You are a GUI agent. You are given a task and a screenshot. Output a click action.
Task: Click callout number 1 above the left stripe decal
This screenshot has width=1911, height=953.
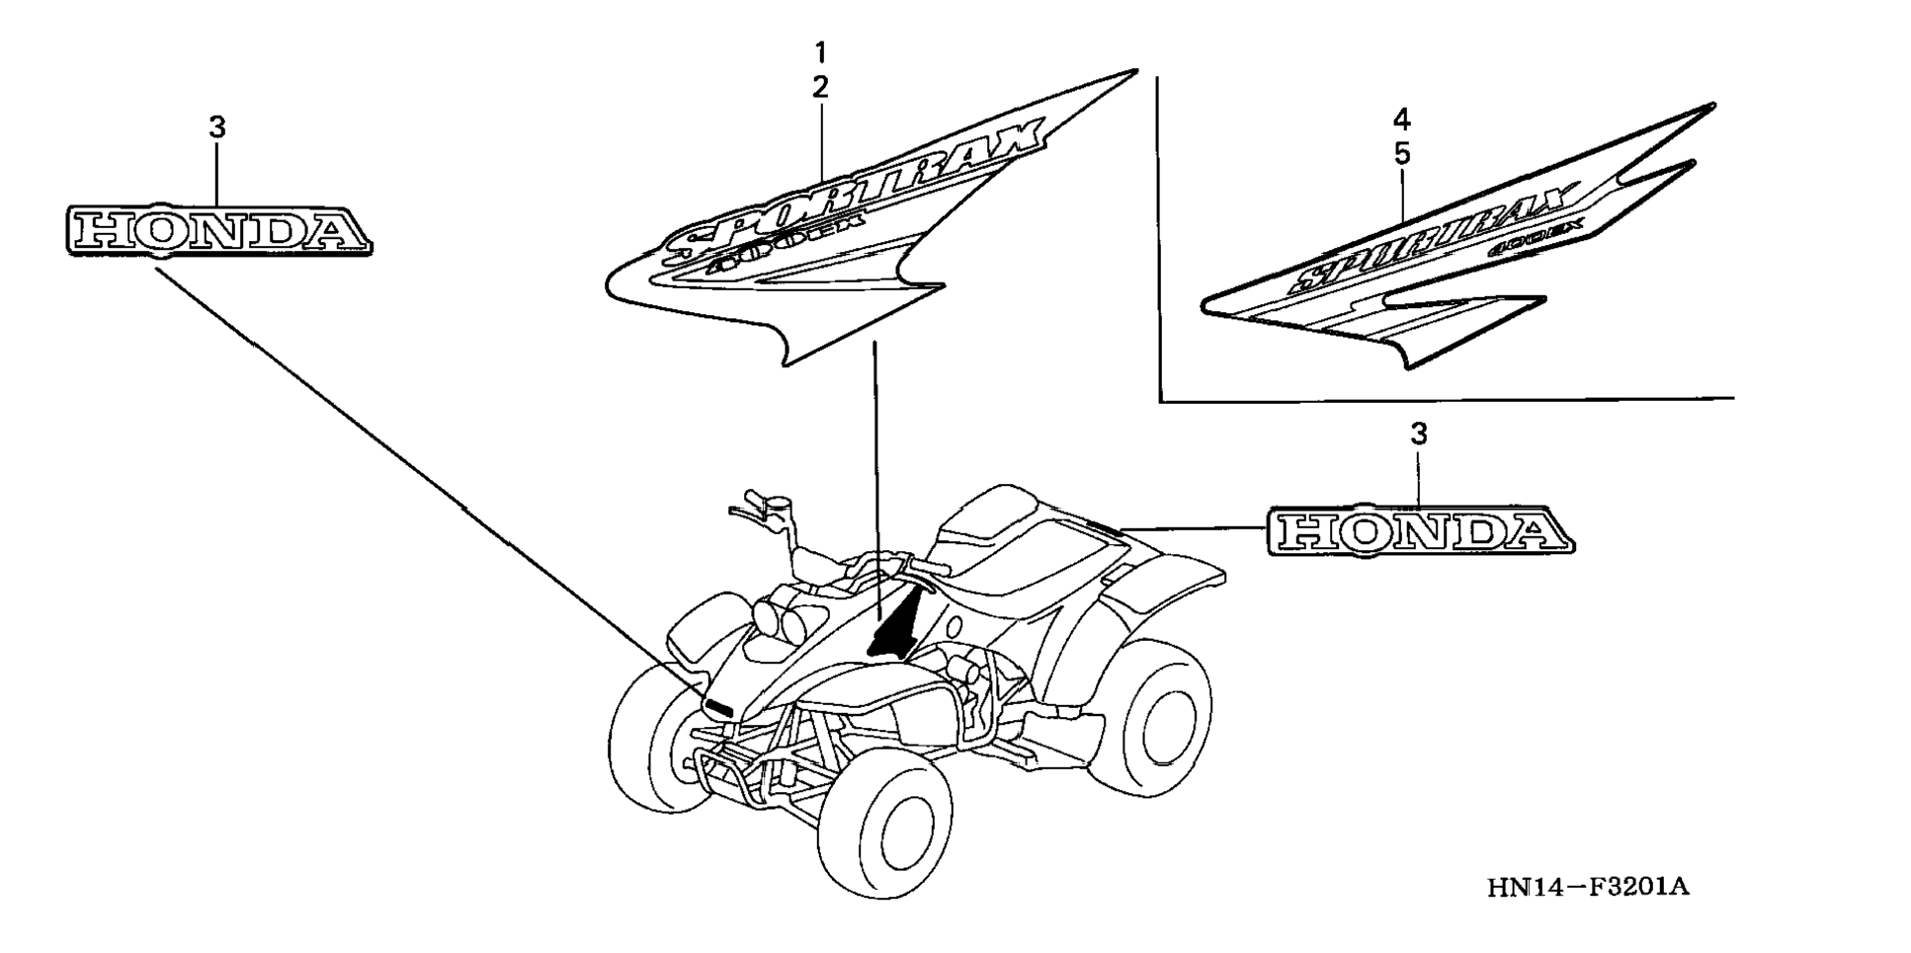[x=820, y=51]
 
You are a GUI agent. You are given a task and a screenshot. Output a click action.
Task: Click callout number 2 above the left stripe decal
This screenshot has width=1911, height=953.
[x=820, y=87]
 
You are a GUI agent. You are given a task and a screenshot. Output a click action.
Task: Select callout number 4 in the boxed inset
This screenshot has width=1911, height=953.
[x=1401, y=120]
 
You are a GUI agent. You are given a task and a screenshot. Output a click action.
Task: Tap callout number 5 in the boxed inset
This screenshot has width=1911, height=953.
[x=1401, y=155]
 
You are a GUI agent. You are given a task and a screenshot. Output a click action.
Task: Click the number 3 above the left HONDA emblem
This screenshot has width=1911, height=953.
[x=217, y=127]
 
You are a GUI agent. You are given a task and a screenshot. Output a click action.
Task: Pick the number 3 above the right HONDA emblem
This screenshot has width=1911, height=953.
[x=1419, y=434]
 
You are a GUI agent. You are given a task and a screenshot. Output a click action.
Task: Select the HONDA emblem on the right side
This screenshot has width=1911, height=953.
[x=1421, y=532]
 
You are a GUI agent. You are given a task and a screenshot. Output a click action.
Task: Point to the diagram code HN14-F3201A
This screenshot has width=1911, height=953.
[x=1588, y=887]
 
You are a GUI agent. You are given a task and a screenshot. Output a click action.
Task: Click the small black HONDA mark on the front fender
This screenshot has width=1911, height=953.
[x=717, y=706]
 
